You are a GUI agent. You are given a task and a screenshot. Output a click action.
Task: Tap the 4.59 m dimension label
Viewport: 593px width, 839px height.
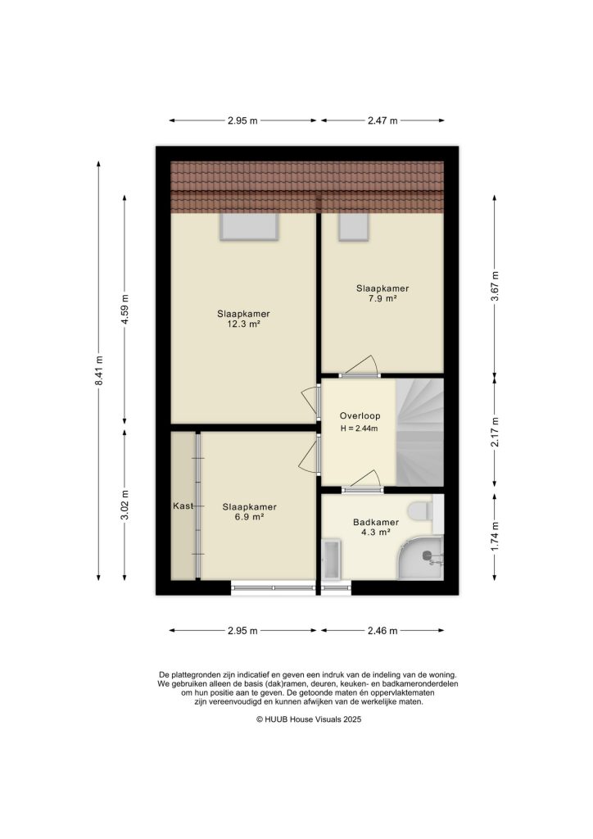coord(125,310)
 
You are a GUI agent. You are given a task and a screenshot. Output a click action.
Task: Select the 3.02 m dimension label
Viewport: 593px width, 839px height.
coord(125,503)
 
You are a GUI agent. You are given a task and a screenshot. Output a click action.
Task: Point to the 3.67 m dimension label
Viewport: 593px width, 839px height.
coord(494,286)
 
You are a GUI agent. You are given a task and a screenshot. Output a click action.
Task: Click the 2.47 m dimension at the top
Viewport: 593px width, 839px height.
coord(383,120)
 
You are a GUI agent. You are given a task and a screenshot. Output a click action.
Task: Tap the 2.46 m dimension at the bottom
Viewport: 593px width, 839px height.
coord(383,631)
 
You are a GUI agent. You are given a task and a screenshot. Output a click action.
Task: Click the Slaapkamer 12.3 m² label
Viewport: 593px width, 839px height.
coord(244,319)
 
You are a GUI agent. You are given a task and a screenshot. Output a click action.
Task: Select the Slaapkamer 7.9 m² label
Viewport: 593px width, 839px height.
coord(382,293)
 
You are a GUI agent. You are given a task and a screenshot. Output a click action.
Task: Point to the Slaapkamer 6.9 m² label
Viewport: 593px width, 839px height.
coord(249,512)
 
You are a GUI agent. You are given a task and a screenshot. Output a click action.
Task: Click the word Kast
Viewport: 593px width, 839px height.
coord(183,506)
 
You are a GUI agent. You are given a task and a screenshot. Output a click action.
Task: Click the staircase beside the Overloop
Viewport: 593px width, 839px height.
coord(419,431)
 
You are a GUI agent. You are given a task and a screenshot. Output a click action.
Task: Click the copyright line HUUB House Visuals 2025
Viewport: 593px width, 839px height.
coord(296,719)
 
